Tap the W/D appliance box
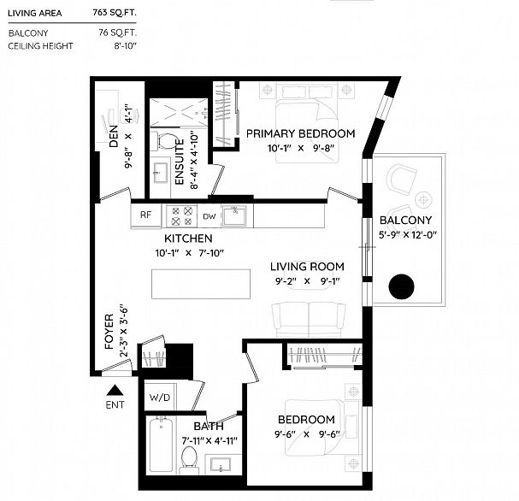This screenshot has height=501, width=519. (160, 398)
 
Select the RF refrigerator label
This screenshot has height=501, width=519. (146, 215)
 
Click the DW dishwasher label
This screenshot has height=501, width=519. (209, 215)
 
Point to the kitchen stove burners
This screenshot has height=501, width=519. (182, 215)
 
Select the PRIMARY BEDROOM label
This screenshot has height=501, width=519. (300, 133)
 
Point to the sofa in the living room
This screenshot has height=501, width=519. (309, 318)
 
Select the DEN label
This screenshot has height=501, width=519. (111, 136)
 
